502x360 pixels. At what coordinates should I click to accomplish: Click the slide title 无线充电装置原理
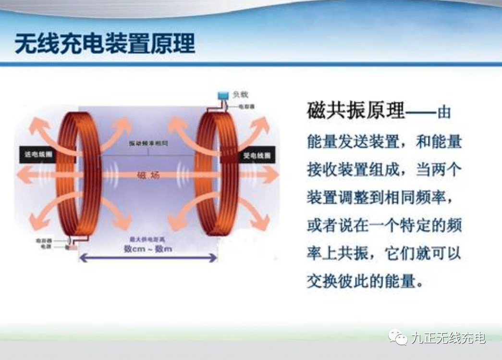[105, 44]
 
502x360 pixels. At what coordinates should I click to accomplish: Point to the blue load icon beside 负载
[223, 95]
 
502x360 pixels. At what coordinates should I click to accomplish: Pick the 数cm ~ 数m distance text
[147, 248]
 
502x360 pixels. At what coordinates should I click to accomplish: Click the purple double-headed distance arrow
[147, 259]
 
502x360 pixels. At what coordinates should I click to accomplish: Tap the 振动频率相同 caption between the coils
[148, 144]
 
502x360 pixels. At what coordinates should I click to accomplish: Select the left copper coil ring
[80, 175]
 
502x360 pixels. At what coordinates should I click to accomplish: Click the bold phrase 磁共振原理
[356, 111]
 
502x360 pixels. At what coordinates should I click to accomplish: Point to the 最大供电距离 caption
[147, 239]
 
